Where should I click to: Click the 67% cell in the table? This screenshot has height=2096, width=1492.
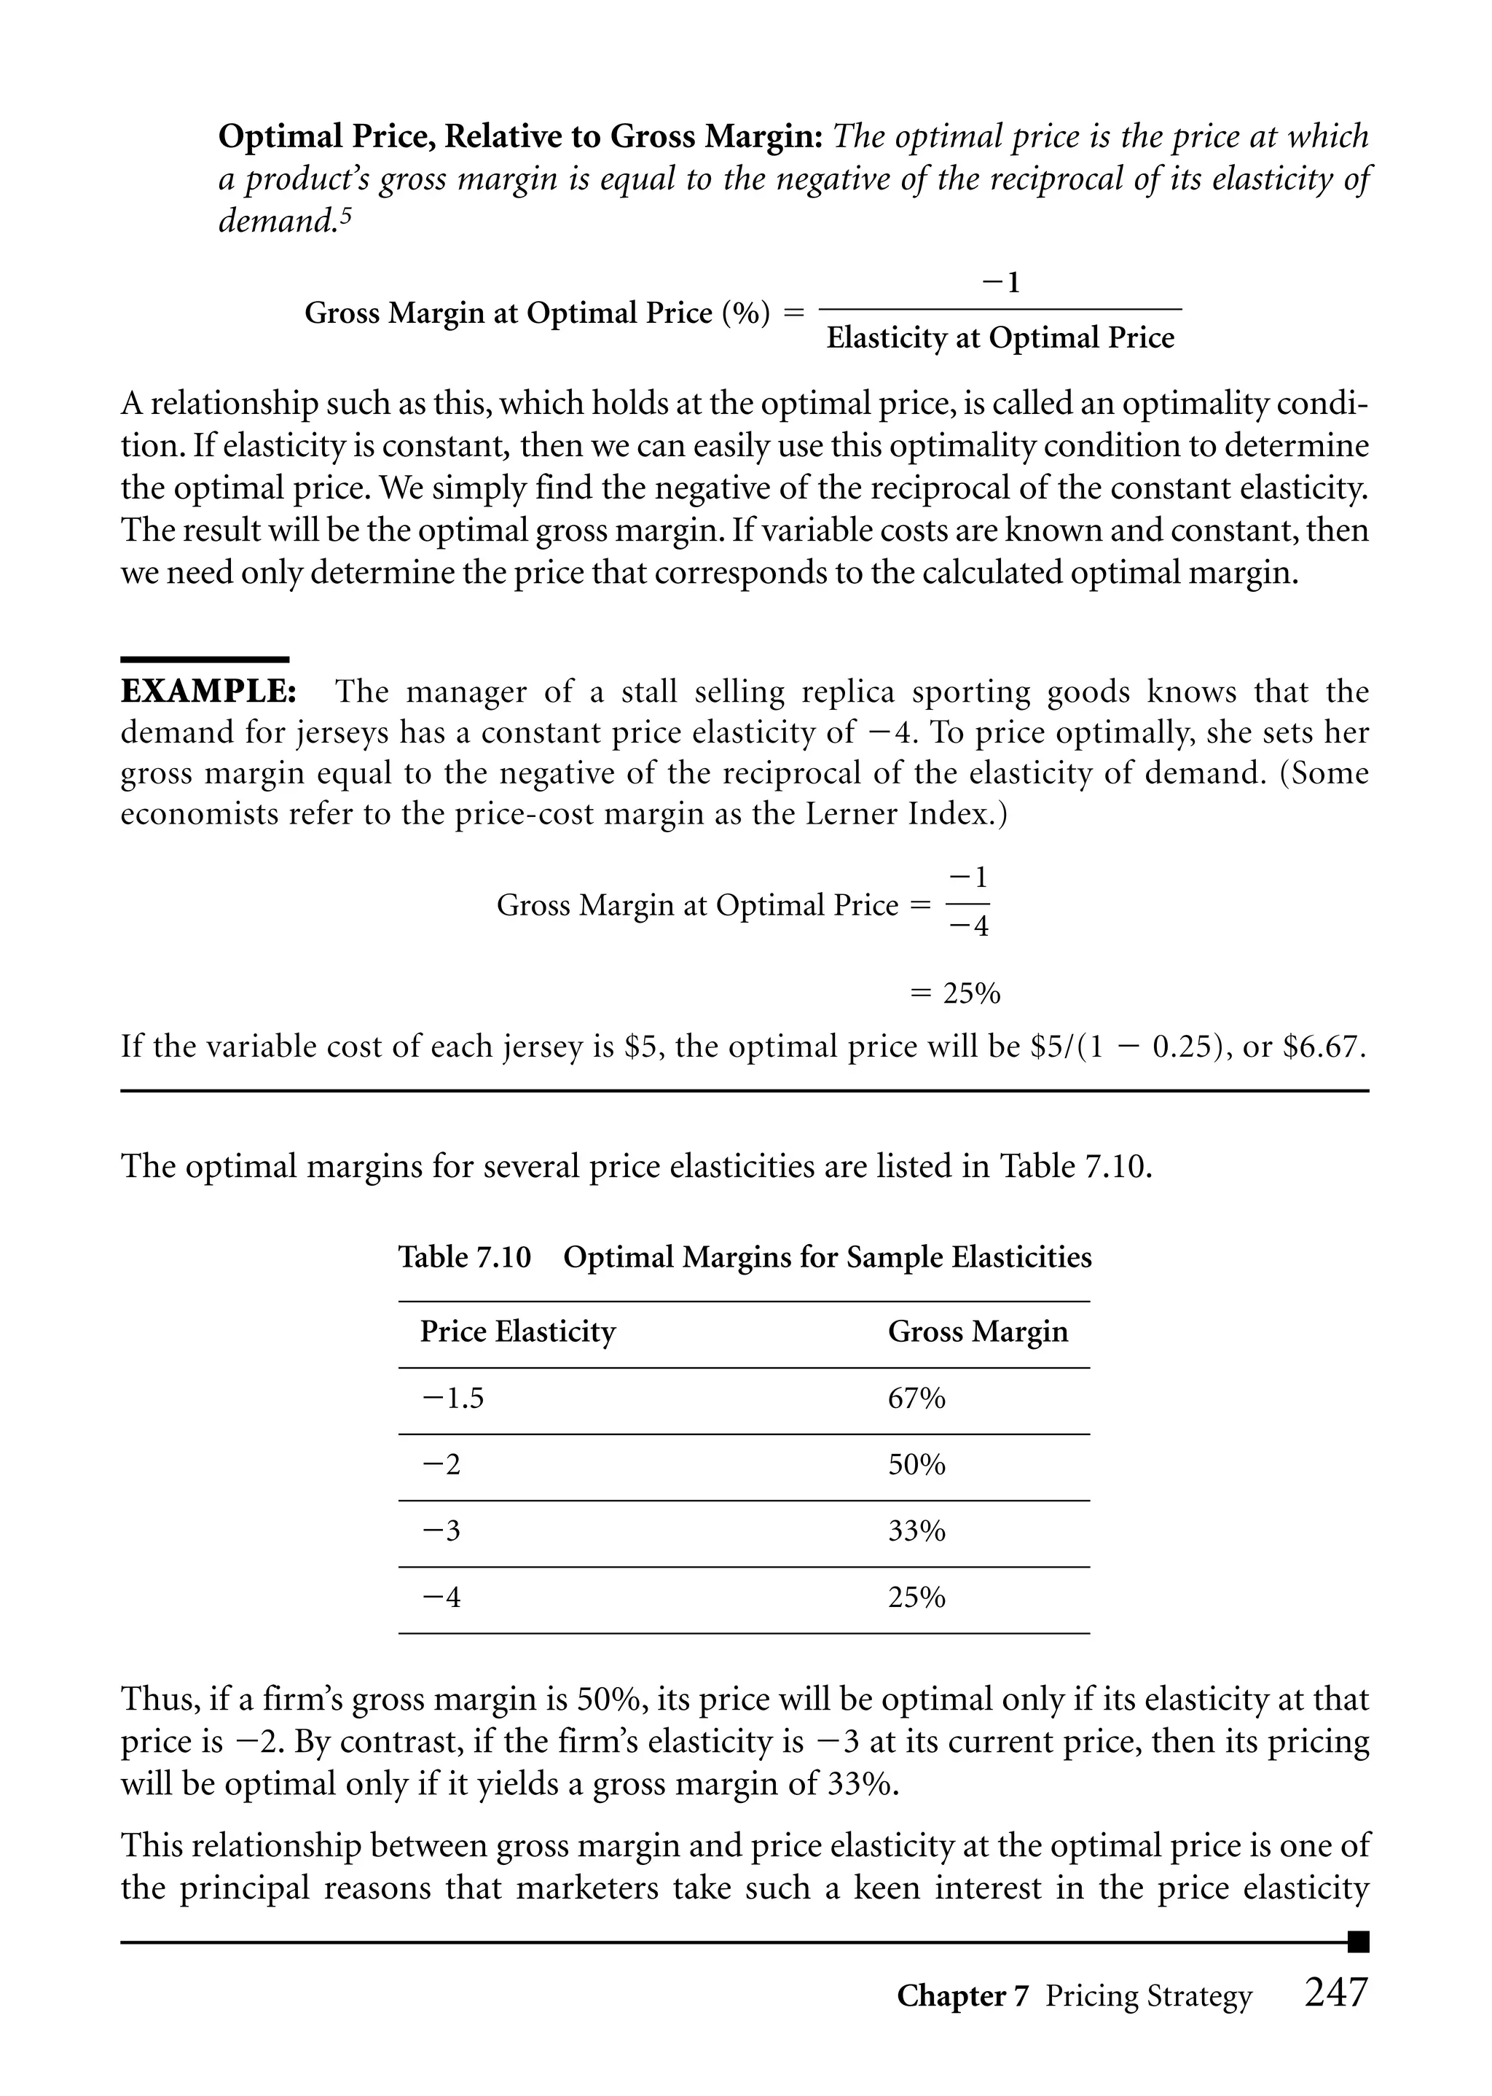coord(916,1399)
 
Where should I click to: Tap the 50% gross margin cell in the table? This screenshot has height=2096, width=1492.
coord(916,1465)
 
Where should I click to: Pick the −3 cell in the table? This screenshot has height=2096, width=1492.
coord(441,1531)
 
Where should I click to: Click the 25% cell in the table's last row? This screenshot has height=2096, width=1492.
coord(916,1597)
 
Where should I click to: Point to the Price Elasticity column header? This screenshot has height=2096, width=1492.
coord(517,1331)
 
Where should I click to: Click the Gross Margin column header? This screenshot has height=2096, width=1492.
coord(978,1331)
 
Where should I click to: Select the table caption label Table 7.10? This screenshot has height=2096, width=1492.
coord(464,1256)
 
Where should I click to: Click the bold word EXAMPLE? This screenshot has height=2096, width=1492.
coord(208,691)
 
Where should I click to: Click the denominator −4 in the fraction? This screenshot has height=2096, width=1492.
coord(968,927)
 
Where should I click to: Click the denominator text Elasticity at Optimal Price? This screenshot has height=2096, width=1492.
coord(1000,338)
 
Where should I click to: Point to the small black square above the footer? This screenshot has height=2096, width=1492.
coord(1358,1941)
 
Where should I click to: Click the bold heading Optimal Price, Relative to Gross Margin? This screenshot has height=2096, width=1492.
coord(520,137)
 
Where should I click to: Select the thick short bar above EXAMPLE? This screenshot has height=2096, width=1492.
coord(204,659)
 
